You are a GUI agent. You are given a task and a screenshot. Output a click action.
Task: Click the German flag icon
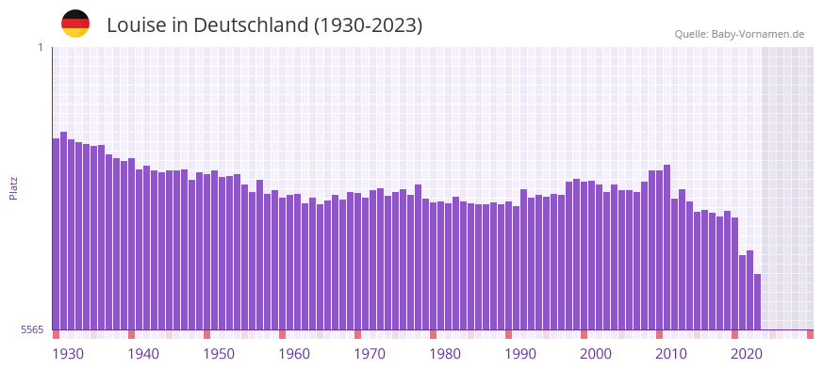(75, 24)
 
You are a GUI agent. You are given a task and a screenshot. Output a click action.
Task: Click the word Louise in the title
(137, 25)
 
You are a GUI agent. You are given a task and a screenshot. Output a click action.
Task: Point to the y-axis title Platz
(13, 188)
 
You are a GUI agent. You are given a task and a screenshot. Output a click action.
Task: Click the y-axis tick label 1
(41, 47)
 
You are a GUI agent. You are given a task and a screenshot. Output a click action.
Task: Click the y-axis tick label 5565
(32, 329)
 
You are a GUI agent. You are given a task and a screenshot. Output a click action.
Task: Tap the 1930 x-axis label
(68, 354)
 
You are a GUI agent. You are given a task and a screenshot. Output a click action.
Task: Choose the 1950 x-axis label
(219, 354)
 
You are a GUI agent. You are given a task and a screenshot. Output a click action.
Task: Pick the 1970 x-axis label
(370, 354)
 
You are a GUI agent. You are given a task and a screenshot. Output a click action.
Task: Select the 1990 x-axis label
(520, 354)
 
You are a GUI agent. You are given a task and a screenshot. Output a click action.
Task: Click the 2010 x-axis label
(671, 354)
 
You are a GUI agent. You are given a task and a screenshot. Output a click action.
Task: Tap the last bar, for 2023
(757, 301)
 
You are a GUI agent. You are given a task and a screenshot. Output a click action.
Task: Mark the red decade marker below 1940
(132, 334)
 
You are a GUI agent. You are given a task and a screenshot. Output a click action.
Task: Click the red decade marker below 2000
(584, 334)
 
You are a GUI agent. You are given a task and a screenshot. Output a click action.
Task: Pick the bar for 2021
(742, 292)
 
